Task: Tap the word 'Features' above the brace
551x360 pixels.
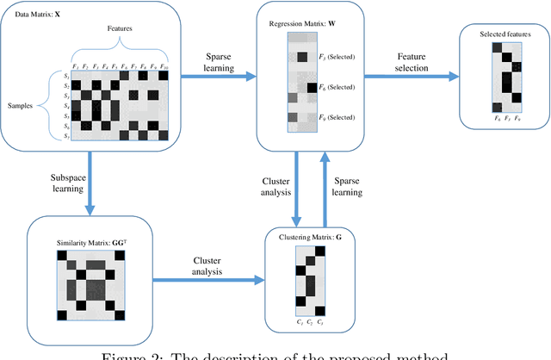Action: [x=109, y=28]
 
